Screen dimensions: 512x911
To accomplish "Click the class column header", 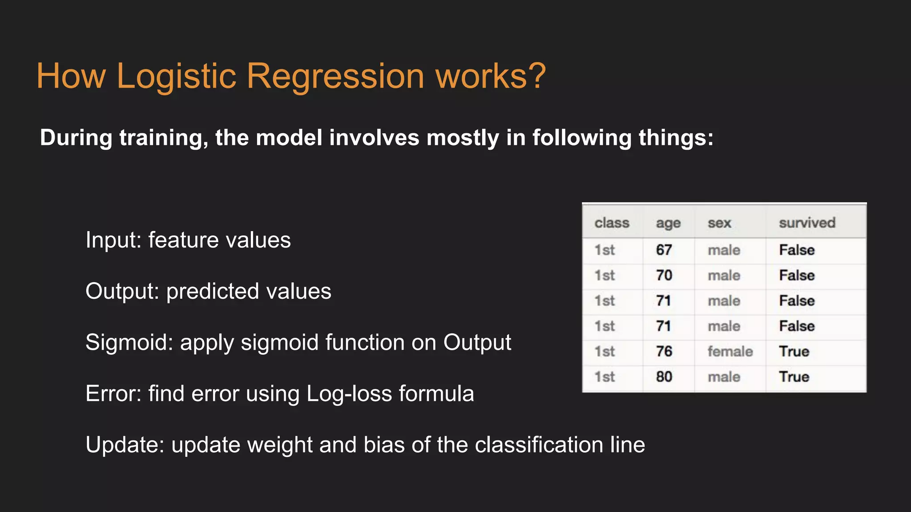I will pyautogui.click(x=612, y=223).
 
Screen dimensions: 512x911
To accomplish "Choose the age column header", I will pyautogui.click(x=668, y=223).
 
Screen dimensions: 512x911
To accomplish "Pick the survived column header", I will pyautogui.click(x=807, y=223).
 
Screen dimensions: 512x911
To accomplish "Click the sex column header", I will pyautogui.click(x=719, y=223).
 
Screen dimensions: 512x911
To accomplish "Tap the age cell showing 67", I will pyautogui.click(x=664, y=250).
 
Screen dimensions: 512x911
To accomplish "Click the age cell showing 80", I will pyautogui.click(x=664, y=377).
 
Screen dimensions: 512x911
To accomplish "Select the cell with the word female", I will pyautogui.click(x=730, y=352).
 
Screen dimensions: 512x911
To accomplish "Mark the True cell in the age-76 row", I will pyautogui.click(x=794, y=352).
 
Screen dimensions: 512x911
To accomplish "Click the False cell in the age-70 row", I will pyautogui.click(x=797, y=276).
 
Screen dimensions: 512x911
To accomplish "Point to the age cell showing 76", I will pyautogui.click(x=664, y=352).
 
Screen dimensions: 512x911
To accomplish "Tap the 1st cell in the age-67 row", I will pyautogui.click(x=605, y=250).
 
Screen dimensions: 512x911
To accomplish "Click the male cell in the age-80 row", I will pyautogui.click(x=724, y=377).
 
